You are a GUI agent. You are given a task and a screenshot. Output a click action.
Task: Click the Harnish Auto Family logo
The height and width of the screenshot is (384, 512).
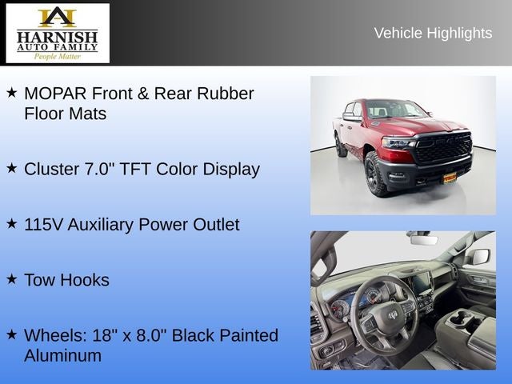[x=58, y=33]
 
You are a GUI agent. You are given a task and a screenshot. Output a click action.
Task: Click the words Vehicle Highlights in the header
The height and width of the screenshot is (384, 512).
[x=433, y=34]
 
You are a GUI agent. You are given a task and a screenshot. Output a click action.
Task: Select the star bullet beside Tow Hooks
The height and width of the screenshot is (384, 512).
[x=11, y=279]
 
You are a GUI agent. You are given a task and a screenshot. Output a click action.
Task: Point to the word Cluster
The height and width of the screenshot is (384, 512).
[x=51, y=169]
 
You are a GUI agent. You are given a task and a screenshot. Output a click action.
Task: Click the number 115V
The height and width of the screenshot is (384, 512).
[x=43, y=225]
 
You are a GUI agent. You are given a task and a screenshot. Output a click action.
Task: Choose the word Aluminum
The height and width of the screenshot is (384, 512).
[x=62, y=355]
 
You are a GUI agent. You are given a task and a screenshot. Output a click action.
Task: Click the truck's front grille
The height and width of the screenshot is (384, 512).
[x=443, y=147]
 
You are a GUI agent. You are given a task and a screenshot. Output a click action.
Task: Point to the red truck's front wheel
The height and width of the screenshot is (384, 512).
[x=376, y=174]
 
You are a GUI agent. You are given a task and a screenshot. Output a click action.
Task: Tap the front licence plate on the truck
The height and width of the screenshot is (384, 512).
[x=450, y=178]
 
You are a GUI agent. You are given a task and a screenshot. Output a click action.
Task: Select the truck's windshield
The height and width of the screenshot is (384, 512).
[x=396, y=109]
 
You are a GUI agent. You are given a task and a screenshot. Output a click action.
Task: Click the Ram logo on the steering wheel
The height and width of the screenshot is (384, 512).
[x=393, y=314]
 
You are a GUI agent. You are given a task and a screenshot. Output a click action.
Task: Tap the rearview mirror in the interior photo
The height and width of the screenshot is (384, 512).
[x=424, y=240]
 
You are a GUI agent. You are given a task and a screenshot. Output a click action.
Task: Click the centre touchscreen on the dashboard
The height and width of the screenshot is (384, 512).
[x=420, y=282]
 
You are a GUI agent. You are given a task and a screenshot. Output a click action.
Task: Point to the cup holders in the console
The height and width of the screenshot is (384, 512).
[x=464, y=318]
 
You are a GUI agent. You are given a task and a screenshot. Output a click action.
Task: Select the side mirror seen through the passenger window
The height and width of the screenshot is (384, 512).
[x=479, y=256]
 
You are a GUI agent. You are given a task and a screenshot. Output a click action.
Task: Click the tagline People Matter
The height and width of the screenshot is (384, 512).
[x=57, y=57]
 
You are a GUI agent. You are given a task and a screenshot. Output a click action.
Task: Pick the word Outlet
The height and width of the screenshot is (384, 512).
[x=216, y=225]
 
